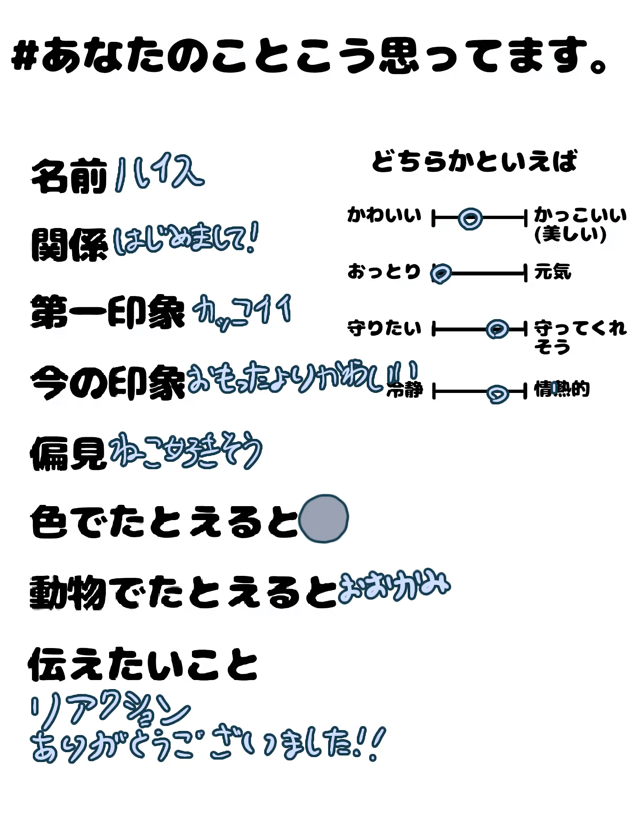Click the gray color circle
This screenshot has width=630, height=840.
click(x=324, y=519)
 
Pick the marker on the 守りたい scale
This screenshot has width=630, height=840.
click(x=497, y=329)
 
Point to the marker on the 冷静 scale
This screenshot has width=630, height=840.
click(x=498, y=393)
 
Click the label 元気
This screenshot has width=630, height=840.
click(x=552, y=272)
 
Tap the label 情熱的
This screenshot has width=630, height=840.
click(x=562, y=389)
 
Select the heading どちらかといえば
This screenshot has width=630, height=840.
click(x=474, y=161)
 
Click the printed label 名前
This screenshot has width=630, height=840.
click(x=69, y=176)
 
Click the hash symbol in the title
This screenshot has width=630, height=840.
click(x=26, y=57)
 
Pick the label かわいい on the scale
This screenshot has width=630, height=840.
click(x=384, y=215)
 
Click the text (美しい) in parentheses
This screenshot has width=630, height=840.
click(x=570, y=234)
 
